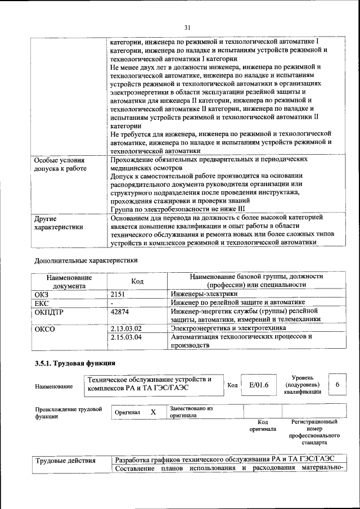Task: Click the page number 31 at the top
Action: [x=188, y=26]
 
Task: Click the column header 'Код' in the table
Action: [x=137, y=281]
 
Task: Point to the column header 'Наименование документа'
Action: [x=69, y=281]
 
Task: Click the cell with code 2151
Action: [x=119, y=294]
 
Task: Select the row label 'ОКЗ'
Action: [x=42, y=294]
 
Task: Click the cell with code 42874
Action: [x=120, y=311]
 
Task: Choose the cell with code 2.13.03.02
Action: [x=126, y=328]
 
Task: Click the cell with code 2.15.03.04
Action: [x=126, y=337]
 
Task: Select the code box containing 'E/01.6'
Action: [x=258, y=385]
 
